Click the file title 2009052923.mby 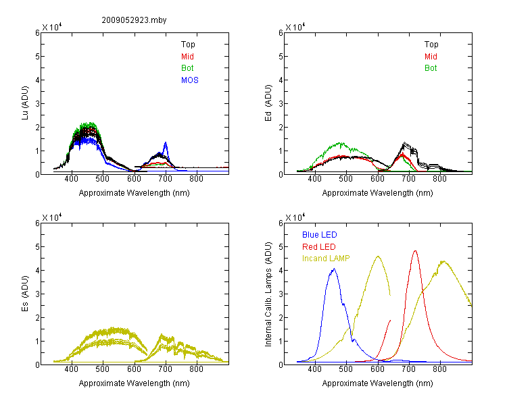(x=134, y=20)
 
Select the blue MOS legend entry (x=190, y=80)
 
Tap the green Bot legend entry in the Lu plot (x=187, y=68)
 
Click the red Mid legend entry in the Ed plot (x=431, y=57)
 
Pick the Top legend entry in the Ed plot (x=431, y=45)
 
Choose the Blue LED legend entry (x=320, y=235)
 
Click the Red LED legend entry (x=319, y=247)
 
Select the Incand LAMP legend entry (x=326, y=259)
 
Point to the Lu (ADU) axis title (x=25, y=103)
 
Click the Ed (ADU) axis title (x=268, y=103)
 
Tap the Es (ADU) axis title (x=25, y=294)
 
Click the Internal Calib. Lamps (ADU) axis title (x=268, y=294)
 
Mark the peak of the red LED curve (x=415, y=250)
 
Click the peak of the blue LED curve (x=335, y=269)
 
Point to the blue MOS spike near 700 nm (x=166, y=142)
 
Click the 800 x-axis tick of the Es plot (x=196, y=369)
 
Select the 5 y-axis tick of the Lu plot (x=37, y=57)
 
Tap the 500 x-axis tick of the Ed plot (x=346, y=179)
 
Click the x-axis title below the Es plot (x=134, y=383)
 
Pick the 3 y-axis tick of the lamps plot (x=281, y=294)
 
